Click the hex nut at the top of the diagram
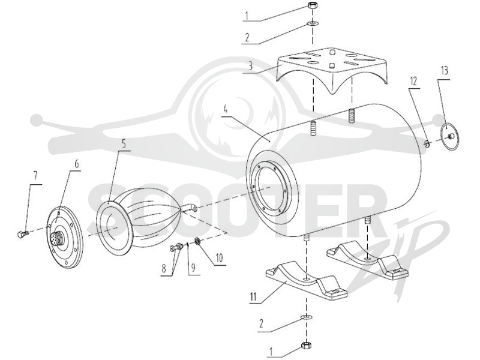click(x=312, y=5)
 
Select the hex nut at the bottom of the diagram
click(x=306, y=346)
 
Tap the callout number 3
click(x=251, y=66)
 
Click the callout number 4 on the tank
click(x=226, y=109)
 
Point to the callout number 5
click(x=124, y=143)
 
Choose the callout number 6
click(x=76, y=164)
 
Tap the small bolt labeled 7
click(x=23, y=234)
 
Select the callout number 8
click(x=164, y=268)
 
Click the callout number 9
click(x=193, y=268)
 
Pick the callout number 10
click(x=219, y=258)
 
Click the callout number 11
click(x=253, y=297)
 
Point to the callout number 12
click(x=413, y=81)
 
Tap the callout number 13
click(x=445, y=71)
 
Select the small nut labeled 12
click(x=426, y=143)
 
